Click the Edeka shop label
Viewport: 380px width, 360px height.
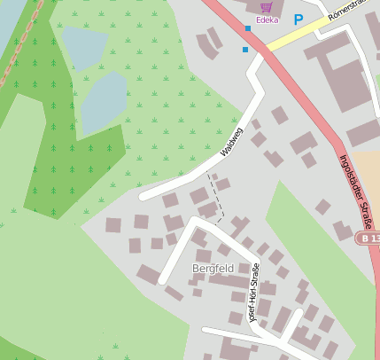coord(266,20)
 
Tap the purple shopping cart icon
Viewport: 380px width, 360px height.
coord(266,6)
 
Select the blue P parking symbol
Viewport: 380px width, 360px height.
coord(298,19)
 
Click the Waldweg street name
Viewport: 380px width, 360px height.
coord(231,144)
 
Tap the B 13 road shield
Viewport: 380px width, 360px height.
coord(368,239)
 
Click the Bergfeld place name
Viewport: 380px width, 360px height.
coord(213,267)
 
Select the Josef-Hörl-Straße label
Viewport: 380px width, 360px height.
coord(253,293)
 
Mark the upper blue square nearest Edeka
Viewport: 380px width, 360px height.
coord(247,28)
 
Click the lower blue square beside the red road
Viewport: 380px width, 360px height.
coord(245,50)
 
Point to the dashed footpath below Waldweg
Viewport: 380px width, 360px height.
coord(217,197)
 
